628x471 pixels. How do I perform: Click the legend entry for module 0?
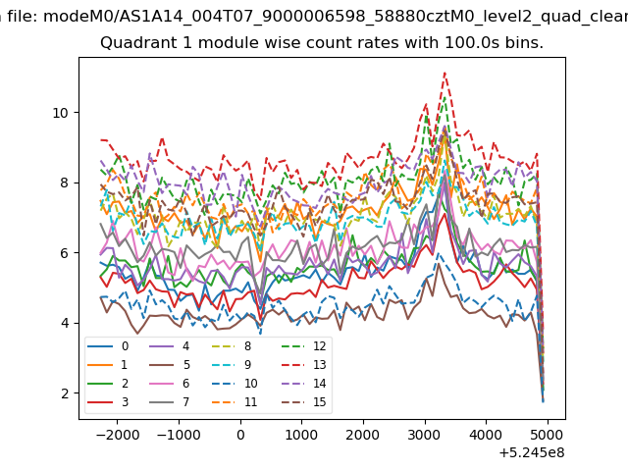point(108,346)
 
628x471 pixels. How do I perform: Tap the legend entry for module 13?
point(304,365)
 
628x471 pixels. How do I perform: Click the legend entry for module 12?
point(304,346)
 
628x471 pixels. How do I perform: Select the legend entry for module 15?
point(304,401)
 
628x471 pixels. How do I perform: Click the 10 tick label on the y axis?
point(61,113)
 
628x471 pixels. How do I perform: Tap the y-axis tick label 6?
point(65,253)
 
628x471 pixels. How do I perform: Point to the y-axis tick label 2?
point(65,393)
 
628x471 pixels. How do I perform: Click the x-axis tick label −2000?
point(118,435)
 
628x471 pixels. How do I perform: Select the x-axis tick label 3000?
point(425,435)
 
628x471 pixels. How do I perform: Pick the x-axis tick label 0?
point(240,435)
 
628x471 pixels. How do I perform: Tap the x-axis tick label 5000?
point(548,435)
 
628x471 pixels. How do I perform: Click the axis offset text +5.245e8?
point(532,452)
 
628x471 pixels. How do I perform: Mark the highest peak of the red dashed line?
point(445,73)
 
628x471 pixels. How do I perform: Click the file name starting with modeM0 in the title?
point(336,16)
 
